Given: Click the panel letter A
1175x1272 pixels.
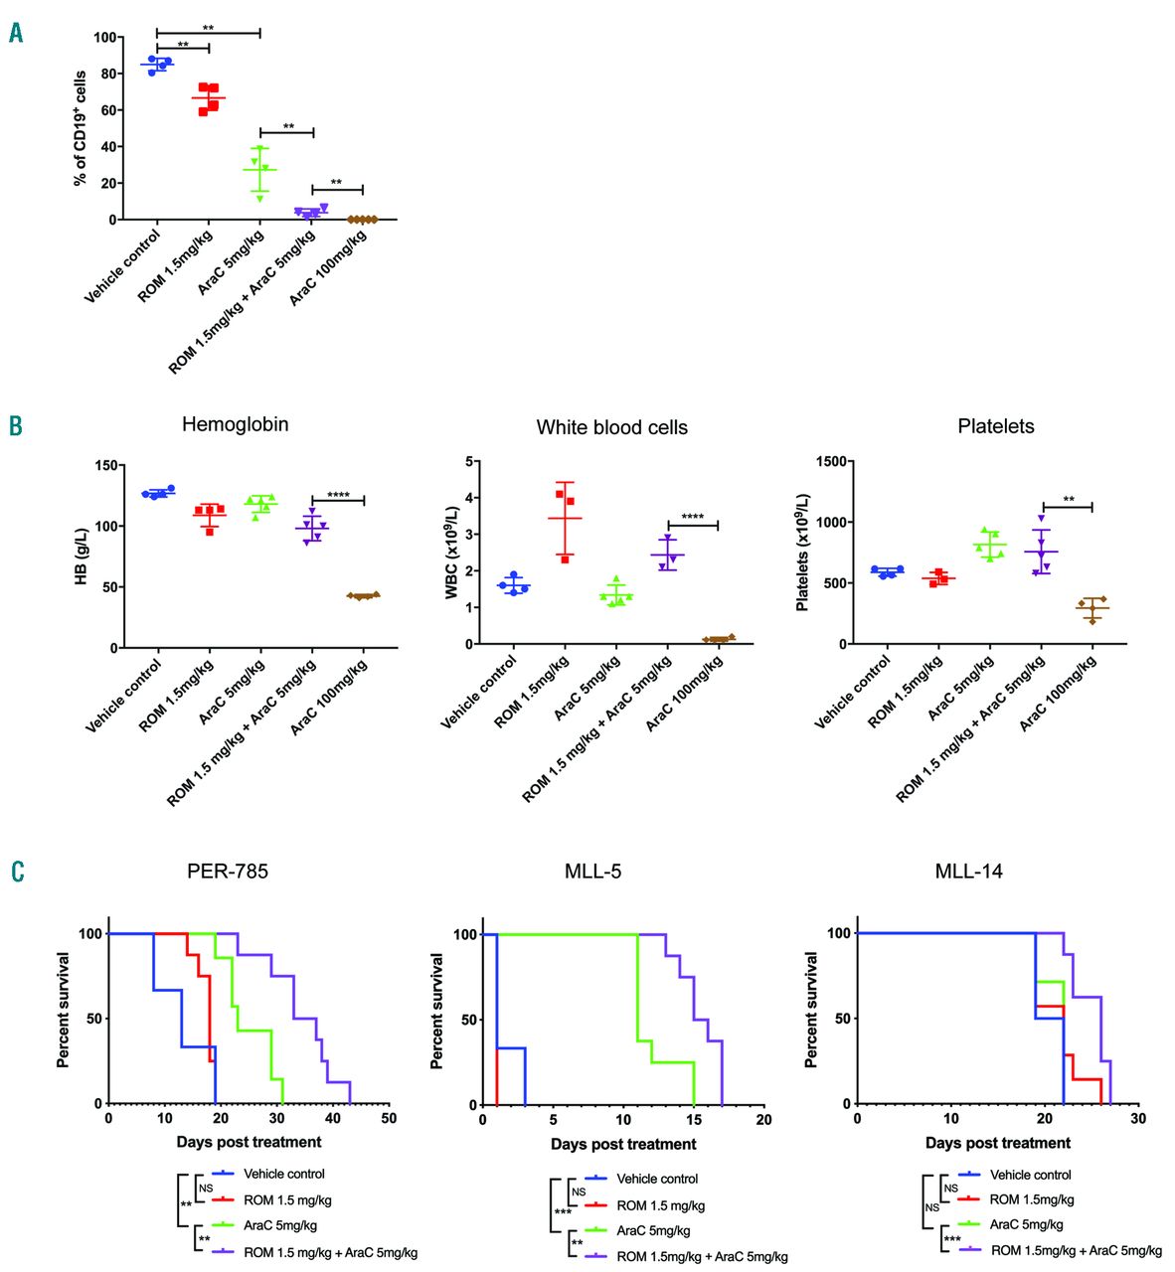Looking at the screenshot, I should [17, 33].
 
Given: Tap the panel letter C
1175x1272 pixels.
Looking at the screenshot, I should [17, 872].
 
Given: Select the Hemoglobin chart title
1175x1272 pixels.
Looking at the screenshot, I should [235, 424].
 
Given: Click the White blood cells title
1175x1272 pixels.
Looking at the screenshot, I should [611, 427].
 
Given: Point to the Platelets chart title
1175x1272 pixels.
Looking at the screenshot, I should [995, 426].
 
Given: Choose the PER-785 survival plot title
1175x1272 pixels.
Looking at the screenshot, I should [228, 872].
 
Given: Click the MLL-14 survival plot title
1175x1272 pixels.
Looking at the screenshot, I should [968, 872].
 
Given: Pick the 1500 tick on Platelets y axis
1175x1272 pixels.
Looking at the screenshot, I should [831, 462].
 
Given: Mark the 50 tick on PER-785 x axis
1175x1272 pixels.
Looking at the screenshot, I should [389, 1118].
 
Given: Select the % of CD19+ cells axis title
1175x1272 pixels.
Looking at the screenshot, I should [81, 128].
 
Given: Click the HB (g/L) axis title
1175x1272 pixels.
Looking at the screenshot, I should [82, 556].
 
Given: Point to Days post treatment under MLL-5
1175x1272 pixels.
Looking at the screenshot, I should [623, 1144].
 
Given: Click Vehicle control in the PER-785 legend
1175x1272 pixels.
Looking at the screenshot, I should [284, 1174].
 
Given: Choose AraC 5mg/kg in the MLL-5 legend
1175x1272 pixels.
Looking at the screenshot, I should [653, 1230].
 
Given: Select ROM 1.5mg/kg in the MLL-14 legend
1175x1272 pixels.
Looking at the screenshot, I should [1032, 1199].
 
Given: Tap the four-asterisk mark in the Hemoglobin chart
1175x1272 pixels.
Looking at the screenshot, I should [338, 495].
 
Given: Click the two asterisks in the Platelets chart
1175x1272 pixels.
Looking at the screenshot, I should [1069, 500].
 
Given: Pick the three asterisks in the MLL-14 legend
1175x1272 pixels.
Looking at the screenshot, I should [951, 1239].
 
